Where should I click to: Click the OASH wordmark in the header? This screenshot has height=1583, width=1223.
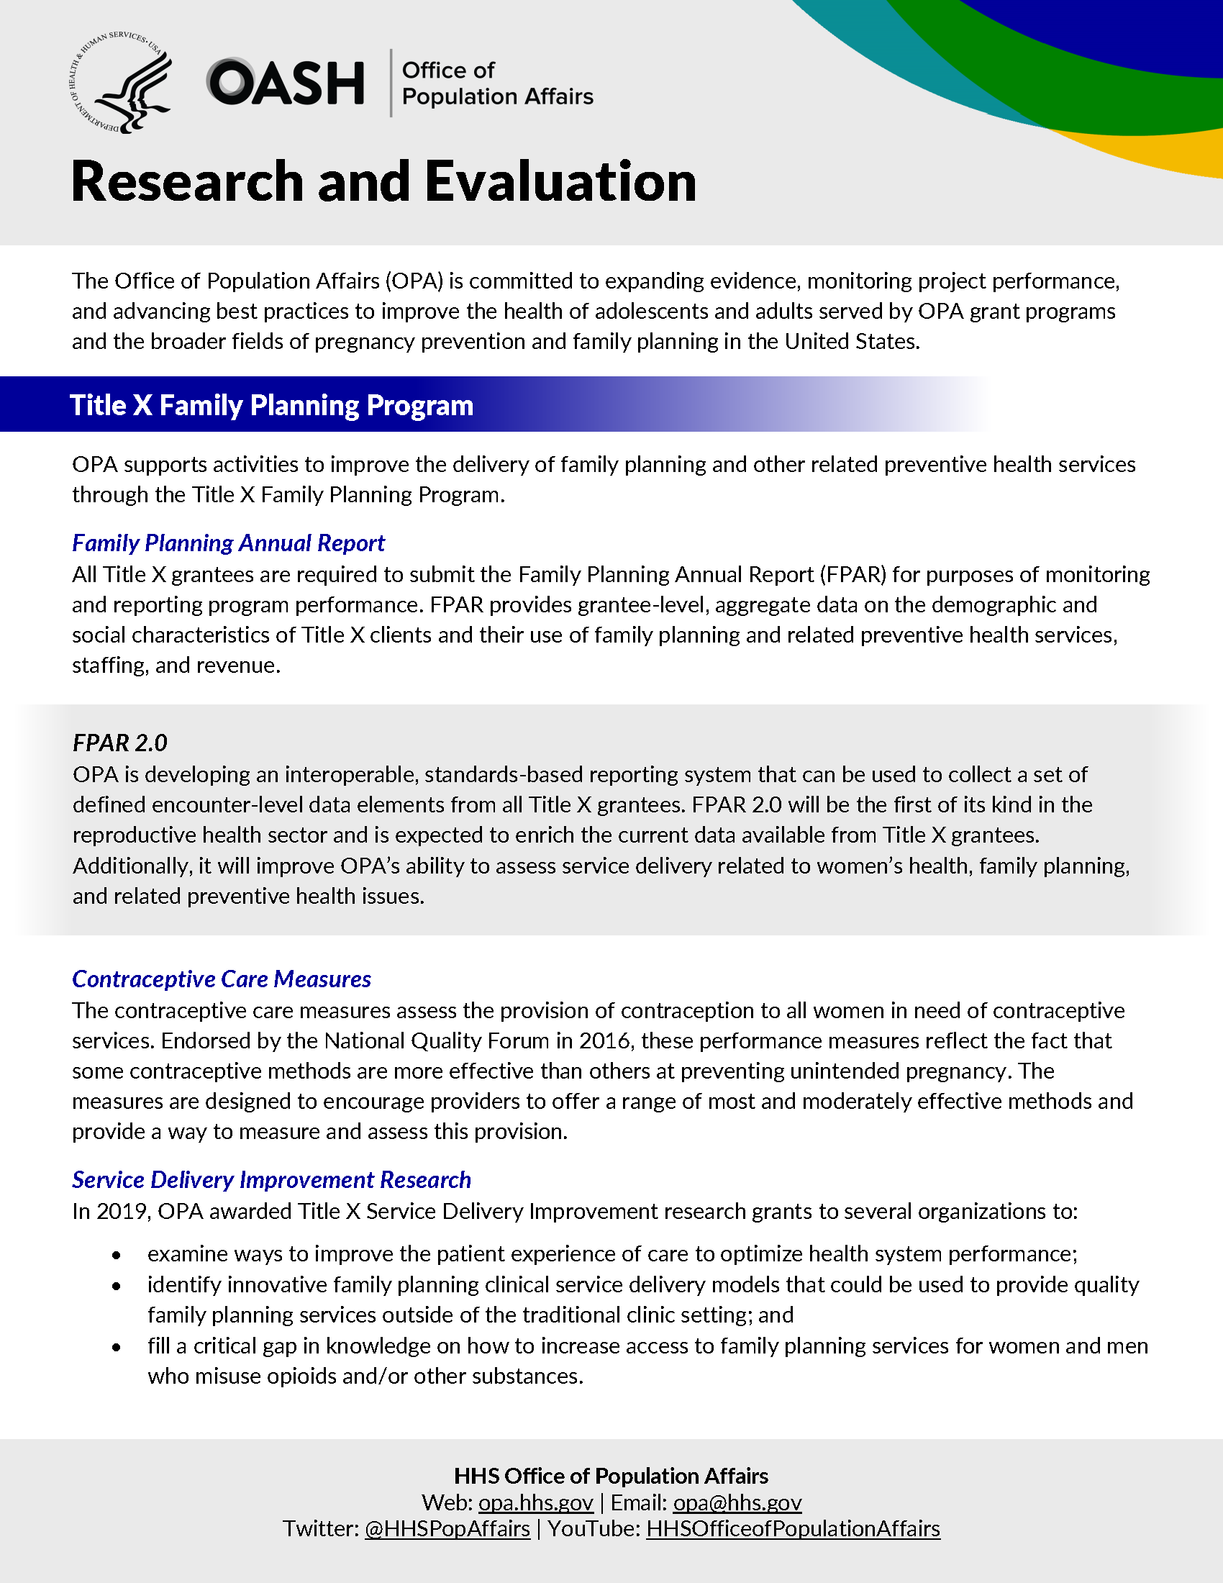tap(286, 83)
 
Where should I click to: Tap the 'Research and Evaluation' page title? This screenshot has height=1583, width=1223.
tap(383, 181)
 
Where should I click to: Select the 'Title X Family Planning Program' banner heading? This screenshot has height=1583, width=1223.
tap(271, 405)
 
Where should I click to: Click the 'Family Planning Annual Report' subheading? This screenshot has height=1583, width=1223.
tap(228, 543)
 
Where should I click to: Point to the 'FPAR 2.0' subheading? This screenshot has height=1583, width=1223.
tap(119, 743)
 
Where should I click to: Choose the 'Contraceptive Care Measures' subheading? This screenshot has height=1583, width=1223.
tap(221, 979)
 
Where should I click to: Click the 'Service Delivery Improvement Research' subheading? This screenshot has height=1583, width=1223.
tap(271, 1180)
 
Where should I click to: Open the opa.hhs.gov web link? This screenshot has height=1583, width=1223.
tap(535, 1502)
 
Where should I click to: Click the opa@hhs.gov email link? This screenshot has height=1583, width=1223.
tap(737, 1502)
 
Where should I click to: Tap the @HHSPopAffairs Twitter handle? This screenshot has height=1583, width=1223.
tap(447, 1528)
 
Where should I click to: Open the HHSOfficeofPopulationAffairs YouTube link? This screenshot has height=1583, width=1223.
tap(793, 1528)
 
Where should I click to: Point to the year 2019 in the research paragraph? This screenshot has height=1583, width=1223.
tap(120, 1211)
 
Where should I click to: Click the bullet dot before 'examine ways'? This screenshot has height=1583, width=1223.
tap(116, 1256)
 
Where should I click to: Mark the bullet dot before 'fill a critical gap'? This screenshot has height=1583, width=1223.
tap(116, 1348)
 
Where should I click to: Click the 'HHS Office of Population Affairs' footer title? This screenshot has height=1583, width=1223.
tap(611, 1476)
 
